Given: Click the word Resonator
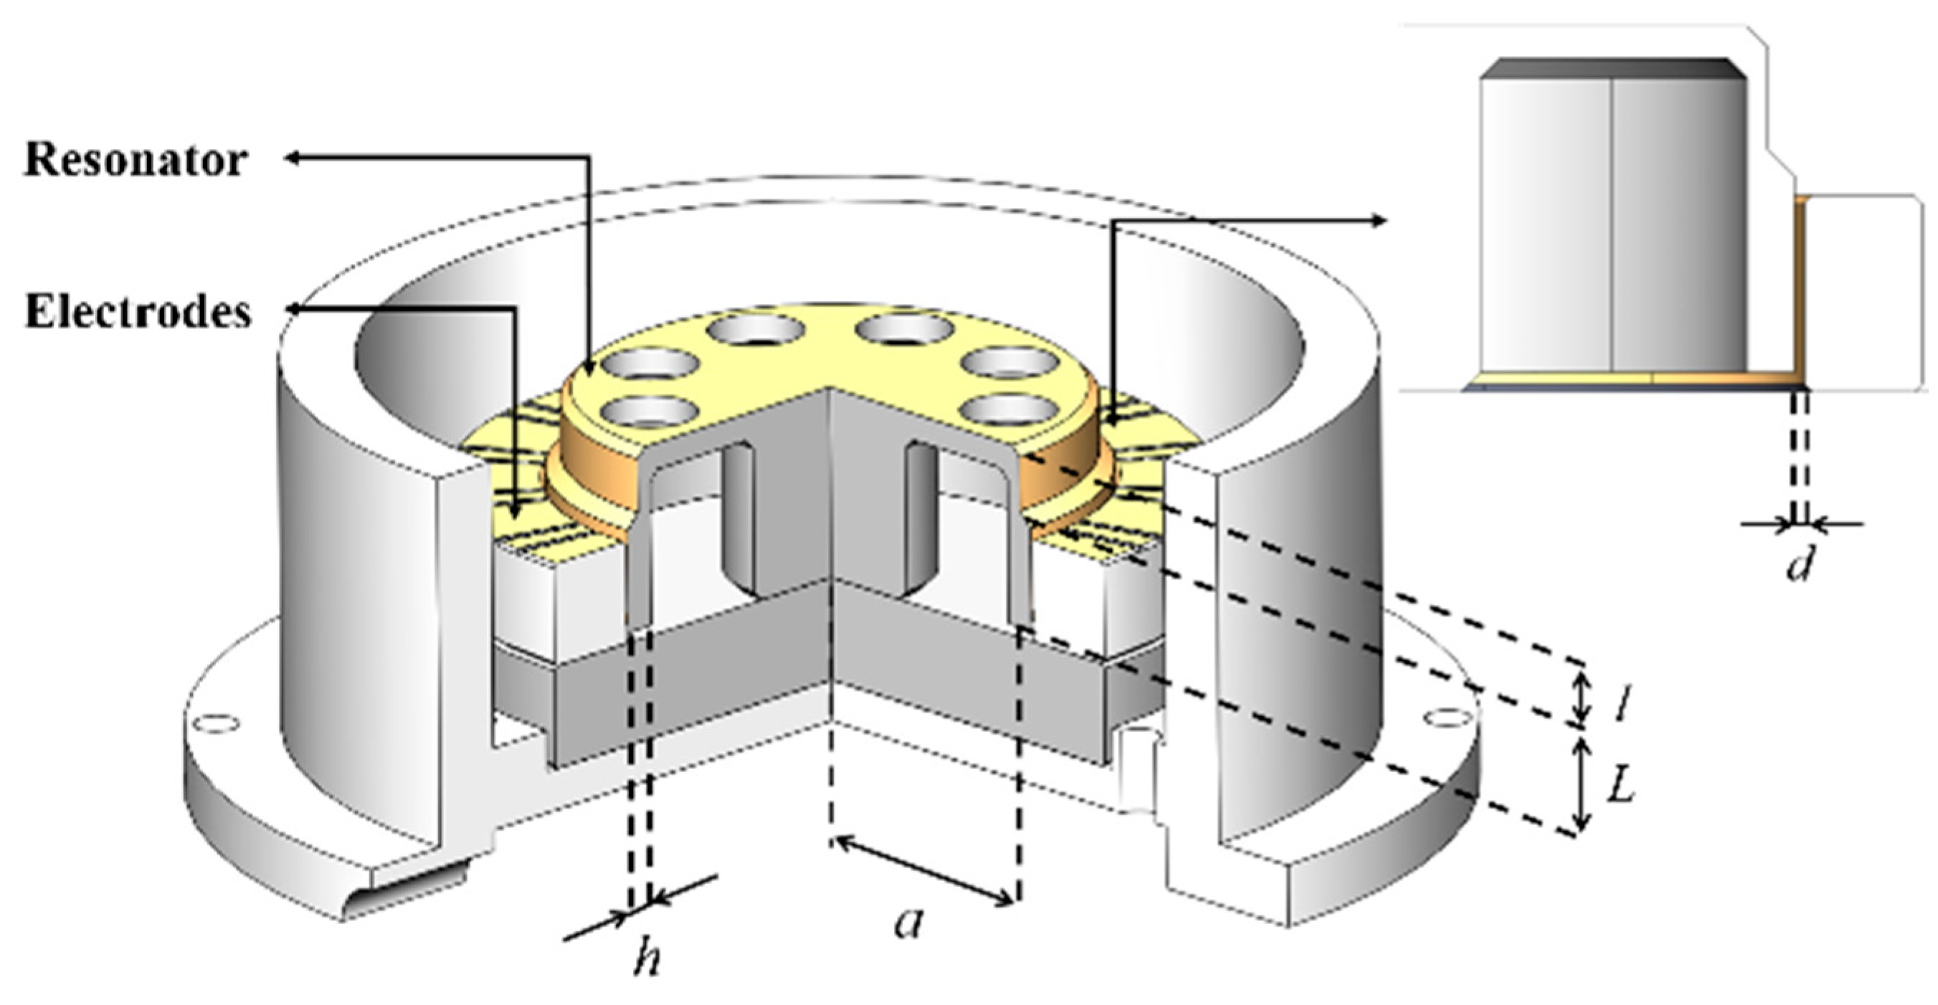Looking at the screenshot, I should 136,161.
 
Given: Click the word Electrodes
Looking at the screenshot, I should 138,311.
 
